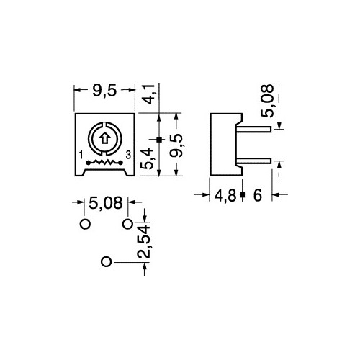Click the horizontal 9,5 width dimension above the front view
(x=104, y=91)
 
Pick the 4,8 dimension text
(x=225, y=195)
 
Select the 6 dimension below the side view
(x=256, y=195)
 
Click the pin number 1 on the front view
(x=81, y=156)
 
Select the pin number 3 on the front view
(x=128, y=156)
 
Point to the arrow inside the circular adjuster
(x=104, y=139)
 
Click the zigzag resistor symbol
(x=104, y=165)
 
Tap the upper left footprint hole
(x=84, y=224)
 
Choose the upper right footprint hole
(x=127, y=224)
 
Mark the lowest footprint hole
(x=106, y=262)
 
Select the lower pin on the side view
(x=256, y=160)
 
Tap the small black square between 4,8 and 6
(x=242, y=195)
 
